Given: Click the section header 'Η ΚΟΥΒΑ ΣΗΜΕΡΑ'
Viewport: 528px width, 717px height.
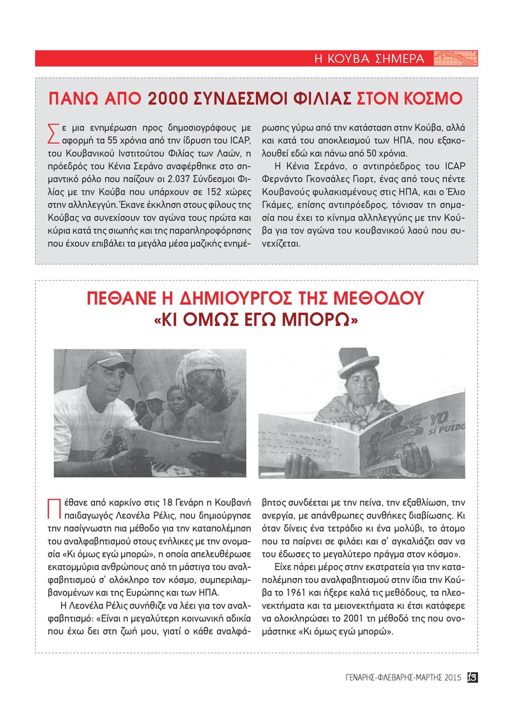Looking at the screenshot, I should click(368, 59).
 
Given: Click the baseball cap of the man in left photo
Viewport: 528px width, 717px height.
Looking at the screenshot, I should click(105, 359).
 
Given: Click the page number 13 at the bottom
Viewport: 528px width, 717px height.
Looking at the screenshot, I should click(471, 677).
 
